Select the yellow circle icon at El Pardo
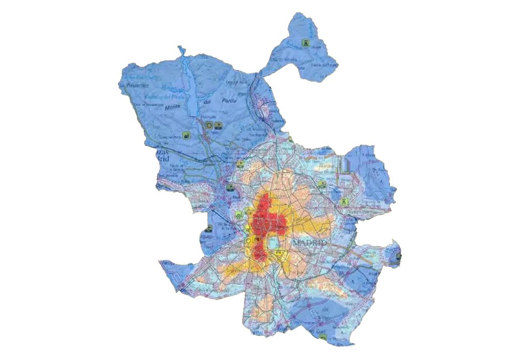208,125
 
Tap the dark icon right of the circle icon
219,125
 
